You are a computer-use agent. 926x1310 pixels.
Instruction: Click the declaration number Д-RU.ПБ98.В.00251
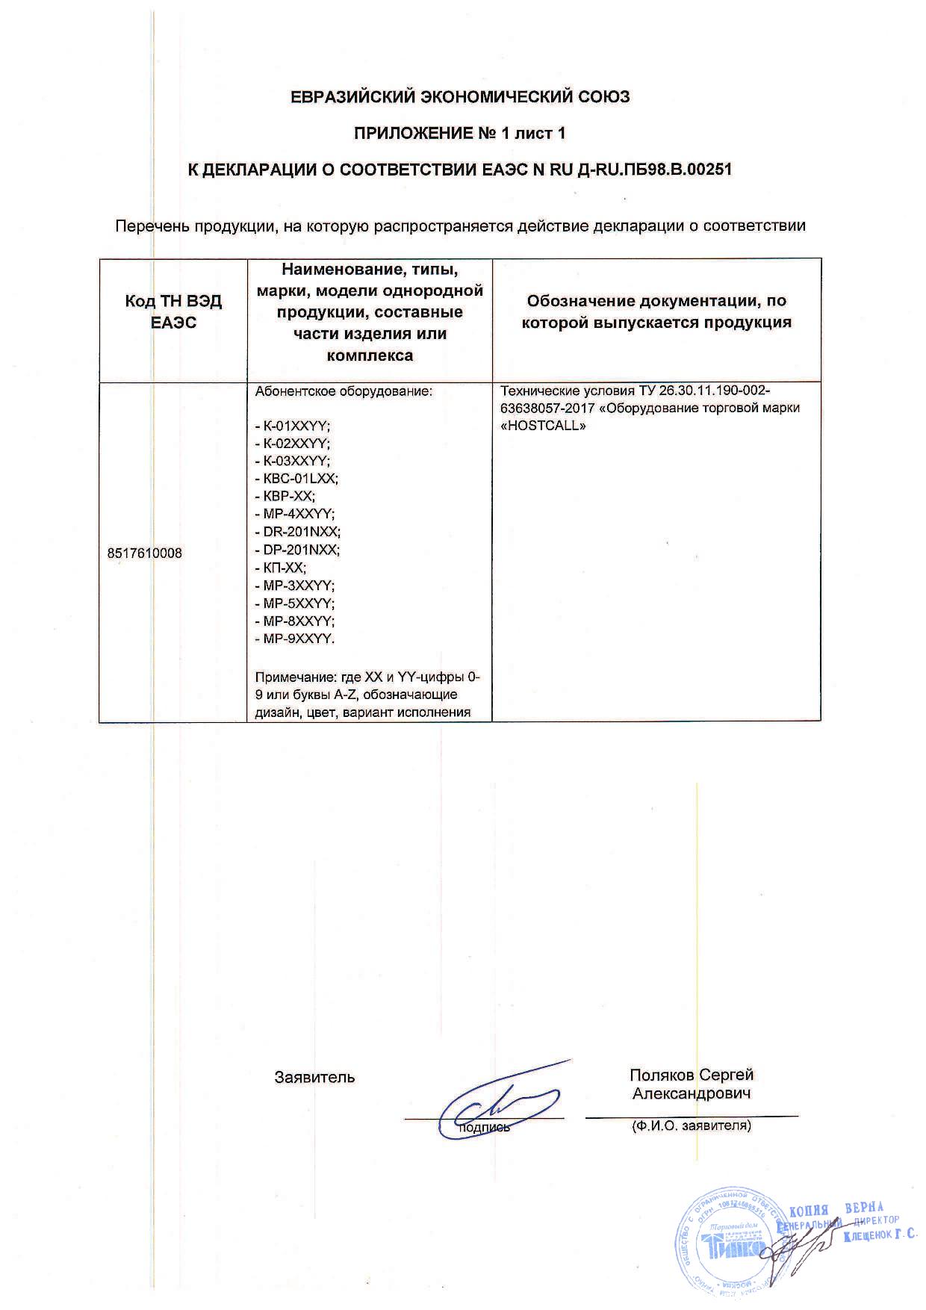tap(655, 170)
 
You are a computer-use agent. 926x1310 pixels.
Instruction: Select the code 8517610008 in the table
tap(145, 553)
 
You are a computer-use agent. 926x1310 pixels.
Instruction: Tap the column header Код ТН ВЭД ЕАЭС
tap(173, 311)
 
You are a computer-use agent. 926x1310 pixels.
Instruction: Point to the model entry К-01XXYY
tap(292, 426)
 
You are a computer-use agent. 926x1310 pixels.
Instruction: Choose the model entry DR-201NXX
tap(297, 532)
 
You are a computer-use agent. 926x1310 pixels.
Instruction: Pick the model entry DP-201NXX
tap(297, 550)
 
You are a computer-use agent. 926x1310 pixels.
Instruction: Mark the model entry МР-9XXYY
tap(295, 639)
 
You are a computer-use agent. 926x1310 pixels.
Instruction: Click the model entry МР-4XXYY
tap(295, 514)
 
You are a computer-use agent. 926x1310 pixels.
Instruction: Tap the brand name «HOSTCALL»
tap(543, 426)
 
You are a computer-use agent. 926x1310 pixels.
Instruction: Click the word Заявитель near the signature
tap(314, 1077)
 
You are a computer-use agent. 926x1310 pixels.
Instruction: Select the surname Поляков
tap(662, 1075)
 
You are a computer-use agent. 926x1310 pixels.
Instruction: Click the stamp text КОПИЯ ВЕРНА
tap(836, 1209)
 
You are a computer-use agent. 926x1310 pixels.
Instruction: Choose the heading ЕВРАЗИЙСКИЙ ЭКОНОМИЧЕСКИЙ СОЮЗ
tap(460, 97)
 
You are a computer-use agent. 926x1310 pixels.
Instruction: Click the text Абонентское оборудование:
tap(344, 391)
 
